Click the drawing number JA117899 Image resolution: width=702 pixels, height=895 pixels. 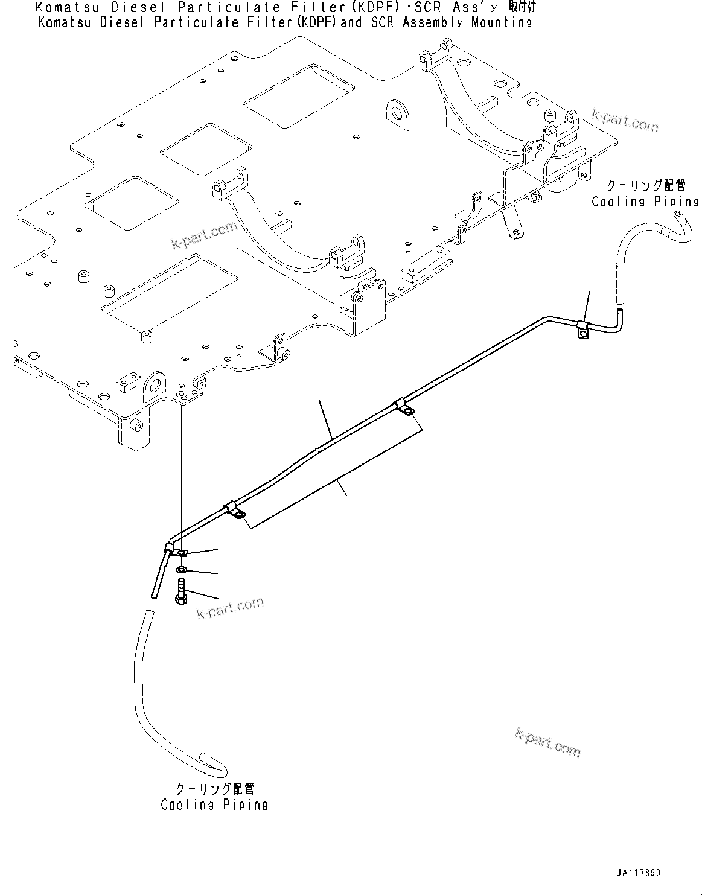coord(638,873)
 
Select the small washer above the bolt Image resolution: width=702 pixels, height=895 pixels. coord(181,570)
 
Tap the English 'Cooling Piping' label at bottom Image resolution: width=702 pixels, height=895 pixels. coord(214,804)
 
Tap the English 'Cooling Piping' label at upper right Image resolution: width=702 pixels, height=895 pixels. coord(645,202)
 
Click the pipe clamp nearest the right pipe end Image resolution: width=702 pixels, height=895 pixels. coord(582,329)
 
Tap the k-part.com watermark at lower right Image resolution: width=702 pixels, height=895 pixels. coord(547,742)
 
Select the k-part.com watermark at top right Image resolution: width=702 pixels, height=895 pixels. coord(624,121)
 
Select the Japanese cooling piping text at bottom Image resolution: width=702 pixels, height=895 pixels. coord(215,789)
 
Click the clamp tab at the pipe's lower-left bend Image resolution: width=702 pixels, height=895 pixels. coord(180,552)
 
